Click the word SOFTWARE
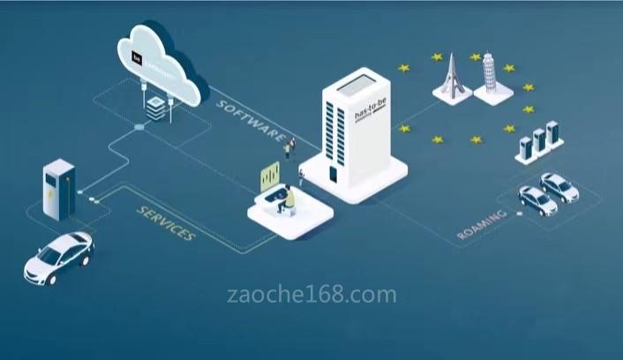point(251,119)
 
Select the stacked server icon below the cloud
point(154,107)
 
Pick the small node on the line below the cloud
point(139,127)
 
